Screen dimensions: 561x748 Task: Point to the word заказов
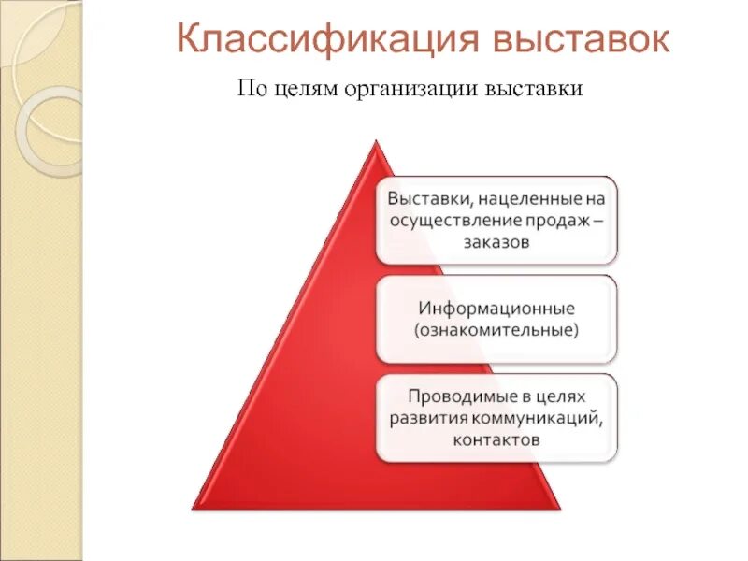coord(496,242)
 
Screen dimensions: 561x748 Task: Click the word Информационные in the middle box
coord(496,309)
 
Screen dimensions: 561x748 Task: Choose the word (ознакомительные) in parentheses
coord(496,330)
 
